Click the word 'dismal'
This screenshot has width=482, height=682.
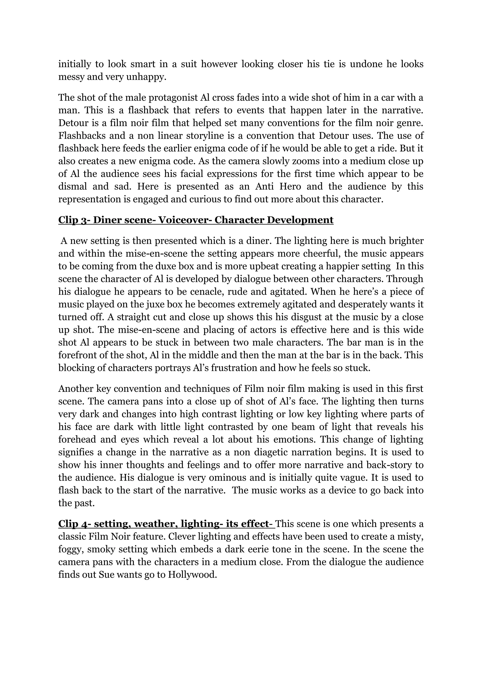[x=72, y=187]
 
